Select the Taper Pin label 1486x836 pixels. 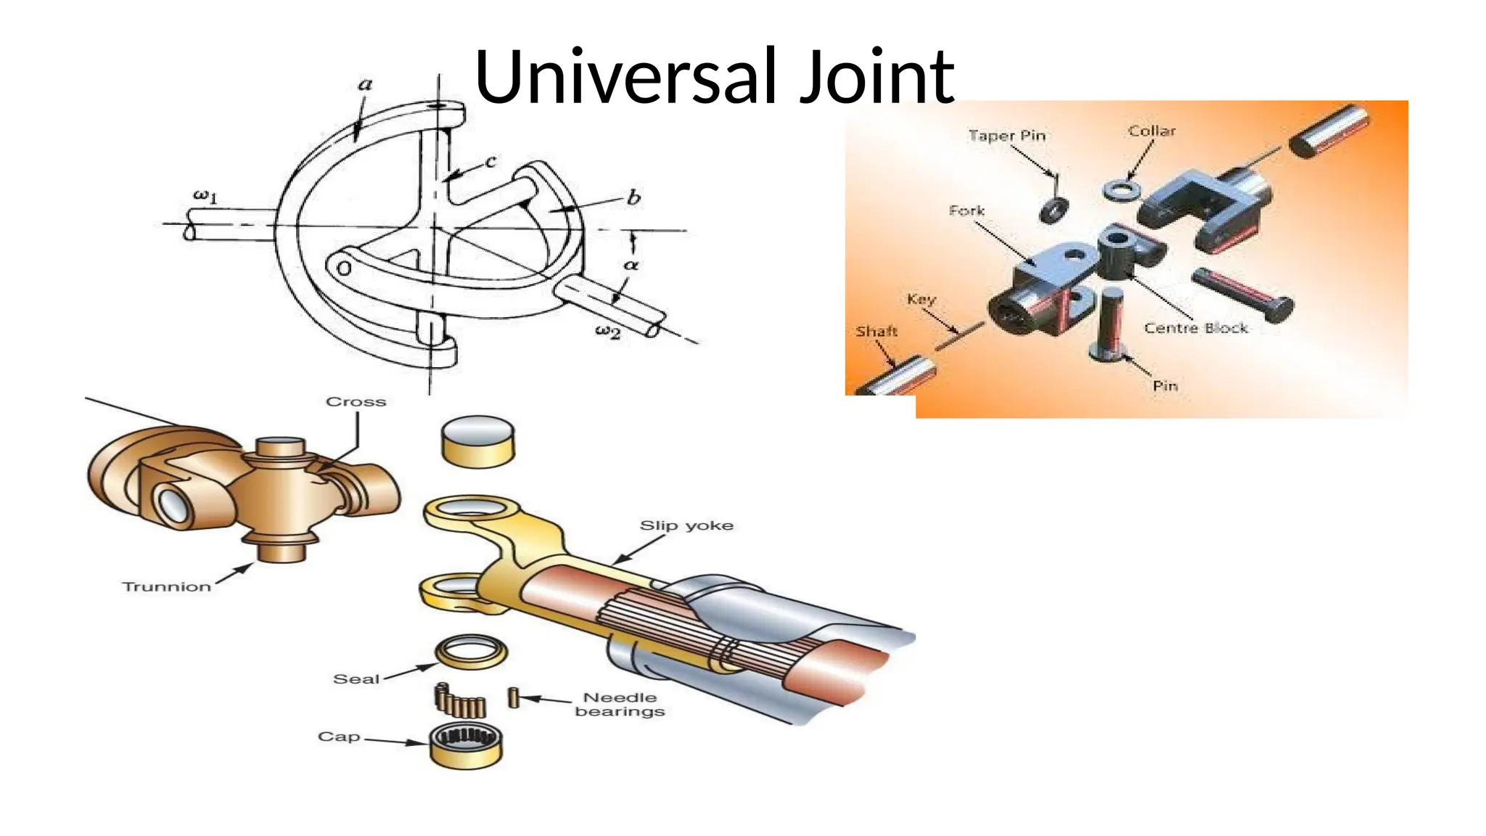click(1007, 136)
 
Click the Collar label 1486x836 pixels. click(1152, 131)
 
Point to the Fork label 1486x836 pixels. click(966, 210)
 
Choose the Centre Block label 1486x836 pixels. click(1196, 328)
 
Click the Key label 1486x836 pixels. click(921, 299)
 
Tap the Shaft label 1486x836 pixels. click(877, 332)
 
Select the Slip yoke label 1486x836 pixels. click(686, 525)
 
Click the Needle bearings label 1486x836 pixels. click(620, 705)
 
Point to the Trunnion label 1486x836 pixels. click(166, 586)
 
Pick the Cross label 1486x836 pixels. click(356, 402)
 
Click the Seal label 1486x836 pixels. click(356, 679)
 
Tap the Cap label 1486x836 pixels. click(339, 737)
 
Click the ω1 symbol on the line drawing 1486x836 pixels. click(205, 195)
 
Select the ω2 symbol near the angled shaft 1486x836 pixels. click(608, 332)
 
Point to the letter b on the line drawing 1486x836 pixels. click(633, 197)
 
